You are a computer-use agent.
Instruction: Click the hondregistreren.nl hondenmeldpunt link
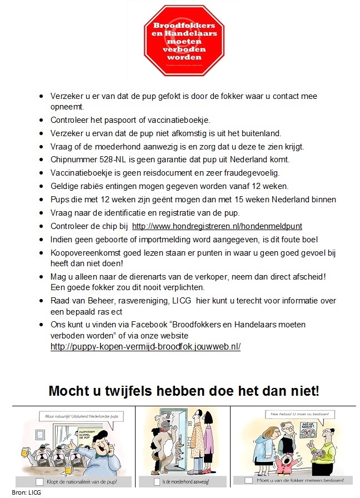(217, 226)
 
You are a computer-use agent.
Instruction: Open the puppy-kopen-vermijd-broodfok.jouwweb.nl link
(146, 346)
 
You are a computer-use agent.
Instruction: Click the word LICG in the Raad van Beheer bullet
(197, 301)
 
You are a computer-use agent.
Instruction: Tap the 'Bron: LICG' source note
(26, 492)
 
